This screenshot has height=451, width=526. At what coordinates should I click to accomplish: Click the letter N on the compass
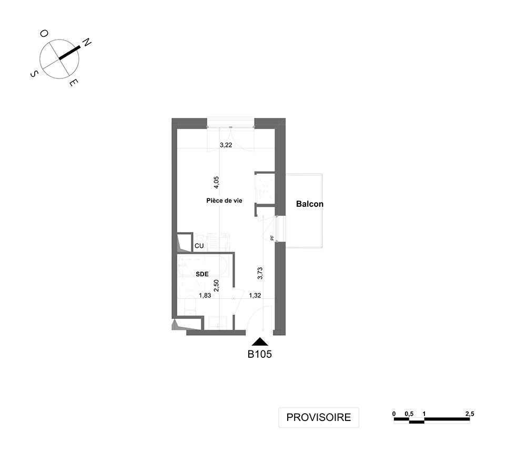(x=87, y=42)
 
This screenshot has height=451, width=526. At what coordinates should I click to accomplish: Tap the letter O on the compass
(x=44, y=33)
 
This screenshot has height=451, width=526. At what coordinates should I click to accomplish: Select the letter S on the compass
(x=34, y=74)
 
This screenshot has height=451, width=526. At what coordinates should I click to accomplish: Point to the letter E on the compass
(x=74, y=83)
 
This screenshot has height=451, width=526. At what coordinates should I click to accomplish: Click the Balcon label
(x=310, y=204)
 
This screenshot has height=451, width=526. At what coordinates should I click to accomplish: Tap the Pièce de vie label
(x=224, y=201)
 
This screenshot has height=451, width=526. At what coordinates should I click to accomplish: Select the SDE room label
(x=203, y=274)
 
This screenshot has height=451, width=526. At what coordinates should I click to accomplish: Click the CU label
(x=199, y=246)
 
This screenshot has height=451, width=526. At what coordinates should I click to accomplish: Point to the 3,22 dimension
(x=226, y=145)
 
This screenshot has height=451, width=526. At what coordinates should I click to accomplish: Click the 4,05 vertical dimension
(x=216, y=183)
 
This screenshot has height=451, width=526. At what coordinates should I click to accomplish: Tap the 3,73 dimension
(x=260, y=273)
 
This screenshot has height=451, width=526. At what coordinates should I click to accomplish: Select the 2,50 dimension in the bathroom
(x=216, y=285)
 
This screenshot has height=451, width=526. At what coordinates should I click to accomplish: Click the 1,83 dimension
(x=205, y=296)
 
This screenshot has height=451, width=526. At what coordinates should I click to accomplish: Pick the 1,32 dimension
(x=255, y=296)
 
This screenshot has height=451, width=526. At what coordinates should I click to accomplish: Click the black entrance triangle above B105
(x=260, y=342)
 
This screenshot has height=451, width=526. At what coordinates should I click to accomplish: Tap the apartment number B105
(x=260, y=354)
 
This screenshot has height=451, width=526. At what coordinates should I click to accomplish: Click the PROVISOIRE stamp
(x=319, y=417)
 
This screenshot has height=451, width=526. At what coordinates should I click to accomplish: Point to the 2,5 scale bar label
(x=470, y=414)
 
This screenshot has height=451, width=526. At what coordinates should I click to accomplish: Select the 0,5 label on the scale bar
(x=409, y=414)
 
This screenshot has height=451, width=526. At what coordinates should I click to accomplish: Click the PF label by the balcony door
(x=272, y=238)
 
